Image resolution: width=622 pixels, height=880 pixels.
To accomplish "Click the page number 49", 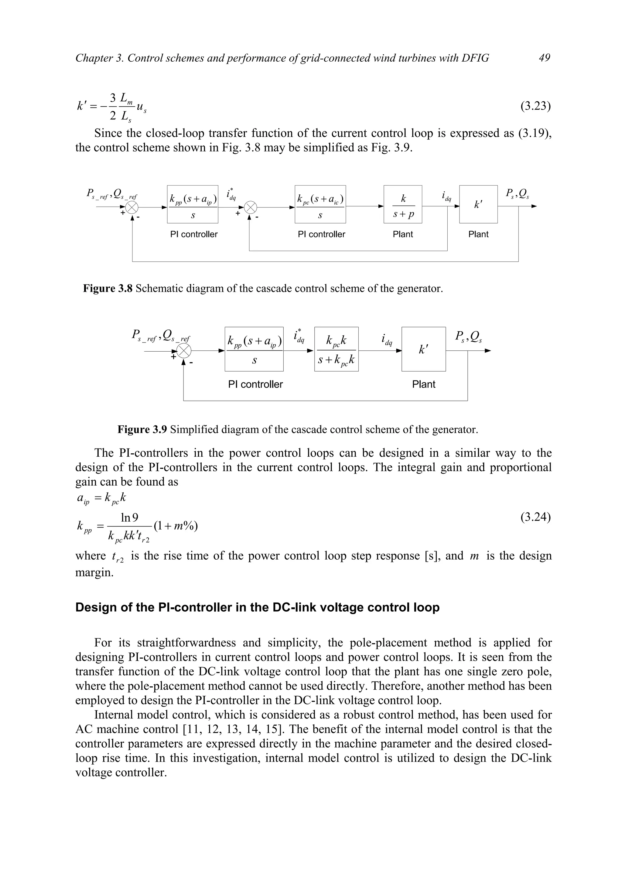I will pyautogui.click(x=544, y=58).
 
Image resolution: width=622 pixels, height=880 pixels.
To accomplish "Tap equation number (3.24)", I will pyautogui.click(x=535, y=517).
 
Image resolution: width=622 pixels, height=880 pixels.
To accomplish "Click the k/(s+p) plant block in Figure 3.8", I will pyautogui.click(x=403, y=204).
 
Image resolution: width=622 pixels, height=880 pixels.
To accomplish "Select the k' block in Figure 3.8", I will pyautogui.click(x=478, y=204).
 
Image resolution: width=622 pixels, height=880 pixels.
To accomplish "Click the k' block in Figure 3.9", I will pyautogui.click(x=423, y=349).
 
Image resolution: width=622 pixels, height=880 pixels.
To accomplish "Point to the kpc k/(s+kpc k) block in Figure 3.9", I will pyautogui.click(x=337, y=349).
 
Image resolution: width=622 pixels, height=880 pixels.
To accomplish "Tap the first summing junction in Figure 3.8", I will pyautogui.click(x=132, y=207).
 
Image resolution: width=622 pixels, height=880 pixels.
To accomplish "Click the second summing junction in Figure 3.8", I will pyautogui.click(x=250, y=207).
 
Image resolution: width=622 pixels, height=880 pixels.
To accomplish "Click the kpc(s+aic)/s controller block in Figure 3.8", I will pyautogui.click(x=320, y=204).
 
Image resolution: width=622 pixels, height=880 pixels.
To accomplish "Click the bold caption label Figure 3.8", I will pyautogui.click(x=108, y=288).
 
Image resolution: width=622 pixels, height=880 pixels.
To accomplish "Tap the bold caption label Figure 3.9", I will pyautogui.click(x=142, y=429).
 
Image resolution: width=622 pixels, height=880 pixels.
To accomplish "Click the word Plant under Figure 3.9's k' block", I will pyautogui.click(x=423, y=384).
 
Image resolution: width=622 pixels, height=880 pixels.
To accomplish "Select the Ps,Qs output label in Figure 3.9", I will pyautogui.click(x=468, y=336).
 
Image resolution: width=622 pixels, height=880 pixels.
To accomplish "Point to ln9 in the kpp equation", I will pyautogui.click(x=130, y=518).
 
